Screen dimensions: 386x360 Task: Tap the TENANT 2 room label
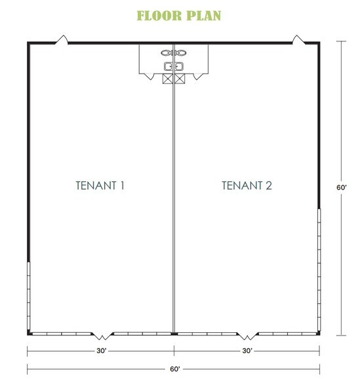coord(247,186)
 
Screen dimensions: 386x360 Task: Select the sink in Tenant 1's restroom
coord(166,66)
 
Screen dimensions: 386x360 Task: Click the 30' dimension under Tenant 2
coord(247,351)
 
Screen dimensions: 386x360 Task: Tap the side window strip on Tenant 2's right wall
coord(319,269)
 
